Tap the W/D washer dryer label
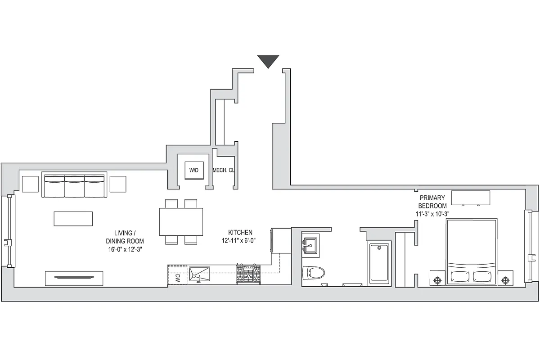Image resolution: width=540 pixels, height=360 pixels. [x=193, y=171]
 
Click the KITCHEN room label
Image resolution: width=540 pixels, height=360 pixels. [x=240, y=233]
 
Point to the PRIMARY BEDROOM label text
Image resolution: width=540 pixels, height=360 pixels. [x=432, y=202]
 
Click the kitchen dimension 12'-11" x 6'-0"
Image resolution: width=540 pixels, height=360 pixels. [x=240, y=241]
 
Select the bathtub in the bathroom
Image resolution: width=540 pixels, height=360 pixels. [x=379, y=263]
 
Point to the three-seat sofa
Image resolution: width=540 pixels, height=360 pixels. [x=75, y=185]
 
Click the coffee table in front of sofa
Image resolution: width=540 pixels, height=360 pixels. [x=73, y=219]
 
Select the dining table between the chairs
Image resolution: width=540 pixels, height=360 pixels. [x=181, y=221]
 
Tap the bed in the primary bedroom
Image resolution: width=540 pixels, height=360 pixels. [x=472, y=252]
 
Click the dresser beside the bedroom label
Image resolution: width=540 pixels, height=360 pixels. [x=470, y=198]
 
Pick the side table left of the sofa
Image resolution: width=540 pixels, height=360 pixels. [x=30, y=184]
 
